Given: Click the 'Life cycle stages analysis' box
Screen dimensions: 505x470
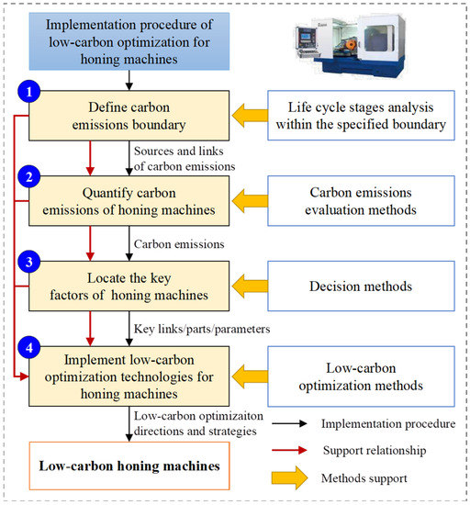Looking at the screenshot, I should [361, 117].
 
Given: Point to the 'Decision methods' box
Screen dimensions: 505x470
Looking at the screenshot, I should [361, 286].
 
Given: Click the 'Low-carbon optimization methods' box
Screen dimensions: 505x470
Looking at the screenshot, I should [361, 373].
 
